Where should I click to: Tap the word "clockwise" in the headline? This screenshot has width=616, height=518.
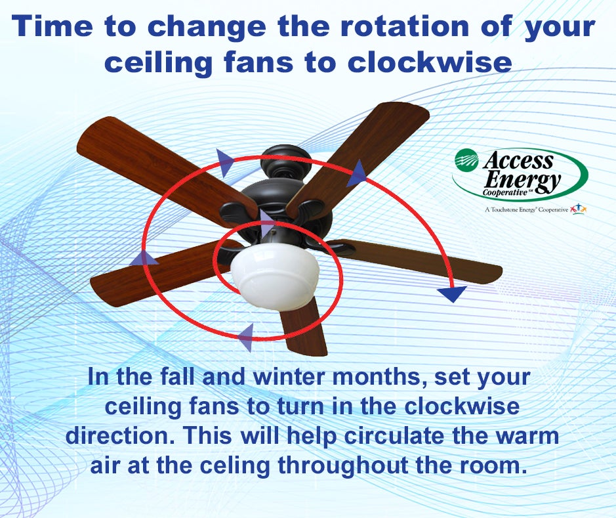click(430, 62)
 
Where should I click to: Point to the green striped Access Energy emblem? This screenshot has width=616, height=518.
click(466, 158)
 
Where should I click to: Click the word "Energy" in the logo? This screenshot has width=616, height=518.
click(522, 181)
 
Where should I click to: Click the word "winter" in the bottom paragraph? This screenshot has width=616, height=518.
click(289, 376)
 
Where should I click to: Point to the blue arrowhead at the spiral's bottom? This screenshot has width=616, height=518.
click(245, 337)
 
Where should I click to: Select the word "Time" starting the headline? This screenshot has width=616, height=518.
click(54, 26)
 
